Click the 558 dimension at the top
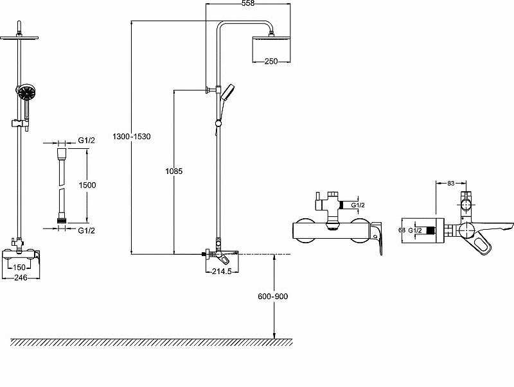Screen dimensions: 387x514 pos(247,4)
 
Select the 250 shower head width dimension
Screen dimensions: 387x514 pos(270,61)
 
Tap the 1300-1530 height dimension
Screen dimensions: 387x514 pos(131,137)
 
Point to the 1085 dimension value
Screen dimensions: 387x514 pos(173,171)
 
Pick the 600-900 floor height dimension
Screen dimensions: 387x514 pos(273,297)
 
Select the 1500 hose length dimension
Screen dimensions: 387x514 pos(87,185)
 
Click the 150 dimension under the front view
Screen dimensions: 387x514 pos(19,268)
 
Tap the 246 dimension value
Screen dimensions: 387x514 pos(21,278)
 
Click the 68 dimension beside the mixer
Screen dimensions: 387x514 pos(402,230)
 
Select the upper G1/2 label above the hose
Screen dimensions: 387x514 pos(87,141)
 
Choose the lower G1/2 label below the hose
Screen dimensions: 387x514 pos(87,230)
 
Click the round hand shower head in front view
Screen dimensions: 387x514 pos(25,94)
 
